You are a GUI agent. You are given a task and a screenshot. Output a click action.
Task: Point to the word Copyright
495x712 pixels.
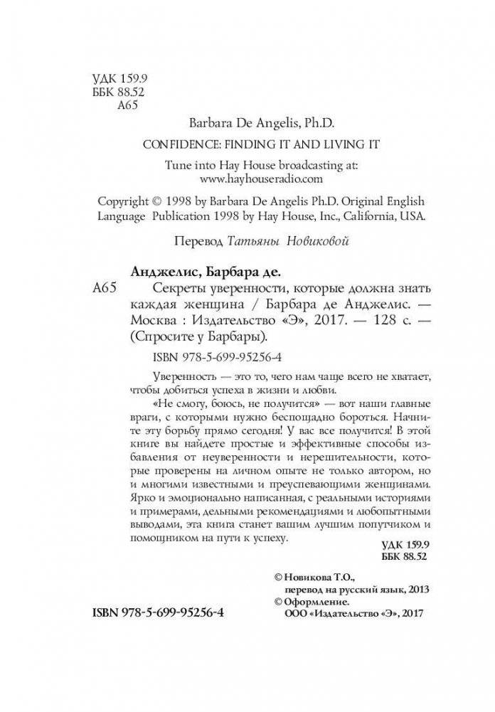point(122,201)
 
